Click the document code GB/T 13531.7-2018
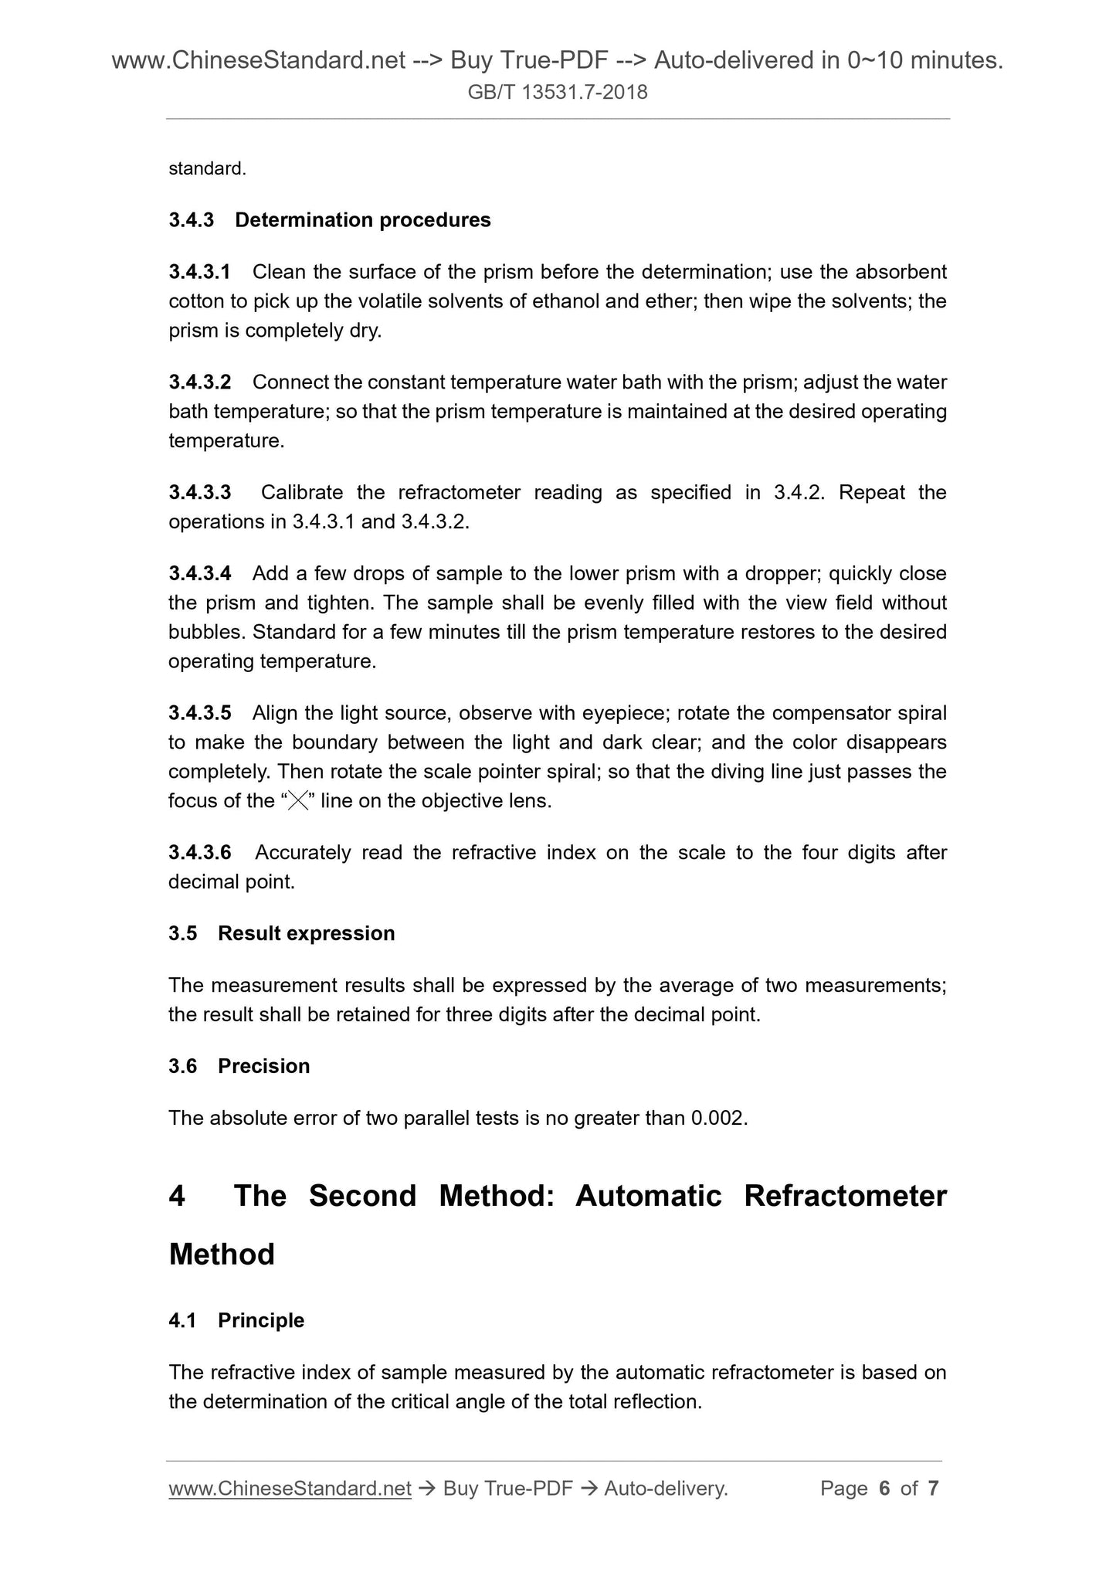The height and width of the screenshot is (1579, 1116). [x=558, y=93]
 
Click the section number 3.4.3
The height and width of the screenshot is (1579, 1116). [x=191, y=220]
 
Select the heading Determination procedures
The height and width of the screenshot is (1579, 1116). [x=363, y=220]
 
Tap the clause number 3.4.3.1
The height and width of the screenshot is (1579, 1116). [x=199, y=272]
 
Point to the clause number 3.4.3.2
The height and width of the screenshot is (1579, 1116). [x=199, y=382]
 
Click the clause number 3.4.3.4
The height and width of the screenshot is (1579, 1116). [x=199, y=573]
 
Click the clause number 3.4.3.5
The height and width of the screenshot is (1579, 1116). [x=199, y=713]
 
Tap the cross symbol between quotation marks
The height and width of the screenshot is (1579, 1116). [x=297, y=801]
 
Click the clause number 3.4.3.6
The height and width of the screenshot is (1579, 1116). [x=199, y=853]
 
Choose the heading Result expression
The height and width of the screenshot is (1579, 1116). [x=306, y=933]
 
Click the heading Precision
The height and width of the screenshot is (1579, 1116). [x=263, y=1066]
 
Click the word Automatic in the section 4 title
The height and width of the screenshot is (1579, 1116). [x=648, y=1196]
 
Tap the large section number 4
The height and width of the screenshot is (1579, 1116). [x=178, y=1196]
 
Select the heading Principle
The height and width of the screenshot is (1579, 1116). [x=261, y=1320]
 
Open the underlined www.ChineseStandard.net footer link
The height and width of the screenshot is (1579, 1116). [x=290, y=1489]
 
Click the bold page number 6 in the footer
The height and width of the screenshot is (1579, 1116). [x=884, y=1489]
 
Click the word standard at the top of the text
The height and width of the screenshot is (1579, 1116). [x=206, y=168]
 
